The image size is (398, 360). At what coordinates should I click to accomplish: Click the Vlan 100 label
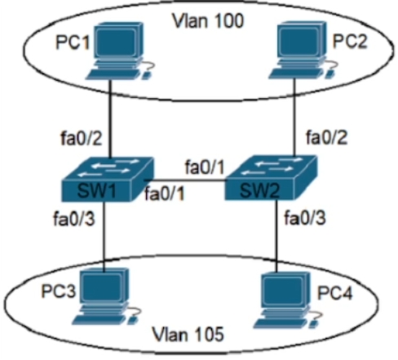point(208,21)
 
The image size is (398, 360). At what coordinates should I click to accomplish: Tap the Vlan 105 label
point(188,334)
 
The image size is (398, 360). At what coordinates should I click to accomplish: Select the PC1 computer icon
point(121,51)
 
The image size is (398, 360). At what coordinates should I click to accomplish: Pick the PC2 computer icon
point(303,51)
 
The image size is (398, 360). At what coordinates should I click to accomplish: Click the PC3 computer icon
point(107,296)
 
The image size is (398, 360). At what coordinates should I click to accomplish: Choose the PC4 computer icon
point(288,300)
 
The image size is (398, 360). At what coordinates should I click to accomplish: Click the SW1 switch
point(108,180)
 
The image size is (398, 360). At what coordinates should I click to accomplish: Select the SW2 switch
point(271,178)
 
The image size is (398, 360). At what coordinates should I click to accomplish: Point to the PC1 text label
point(73,42)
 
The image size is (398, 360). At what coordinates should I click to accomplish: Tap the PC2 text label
point(350,42)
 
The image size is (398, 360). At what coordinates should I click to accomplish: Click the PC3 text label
point(58,291)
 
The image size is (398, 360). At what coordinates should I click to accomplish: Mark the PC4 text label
point(334,293)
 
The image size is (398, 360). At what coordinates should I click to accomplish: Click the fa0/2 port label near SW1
point(82,138)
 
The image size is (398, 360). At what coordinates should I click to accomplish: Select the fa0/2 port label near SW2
point(326,137)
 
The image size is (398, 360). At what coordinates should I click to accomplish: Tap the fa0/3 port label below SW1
point(74,219)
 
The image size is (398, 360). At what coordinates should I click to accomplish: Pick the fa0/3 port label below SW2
point(304,218)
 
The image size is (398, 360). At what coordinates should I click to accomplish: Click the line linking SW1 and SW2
point(185,180)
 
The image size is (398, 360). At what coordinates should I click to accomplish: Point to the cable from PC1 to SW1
point(110,118)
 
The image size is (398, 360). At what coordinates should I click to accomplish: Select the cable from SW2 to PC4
point(276,236)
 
